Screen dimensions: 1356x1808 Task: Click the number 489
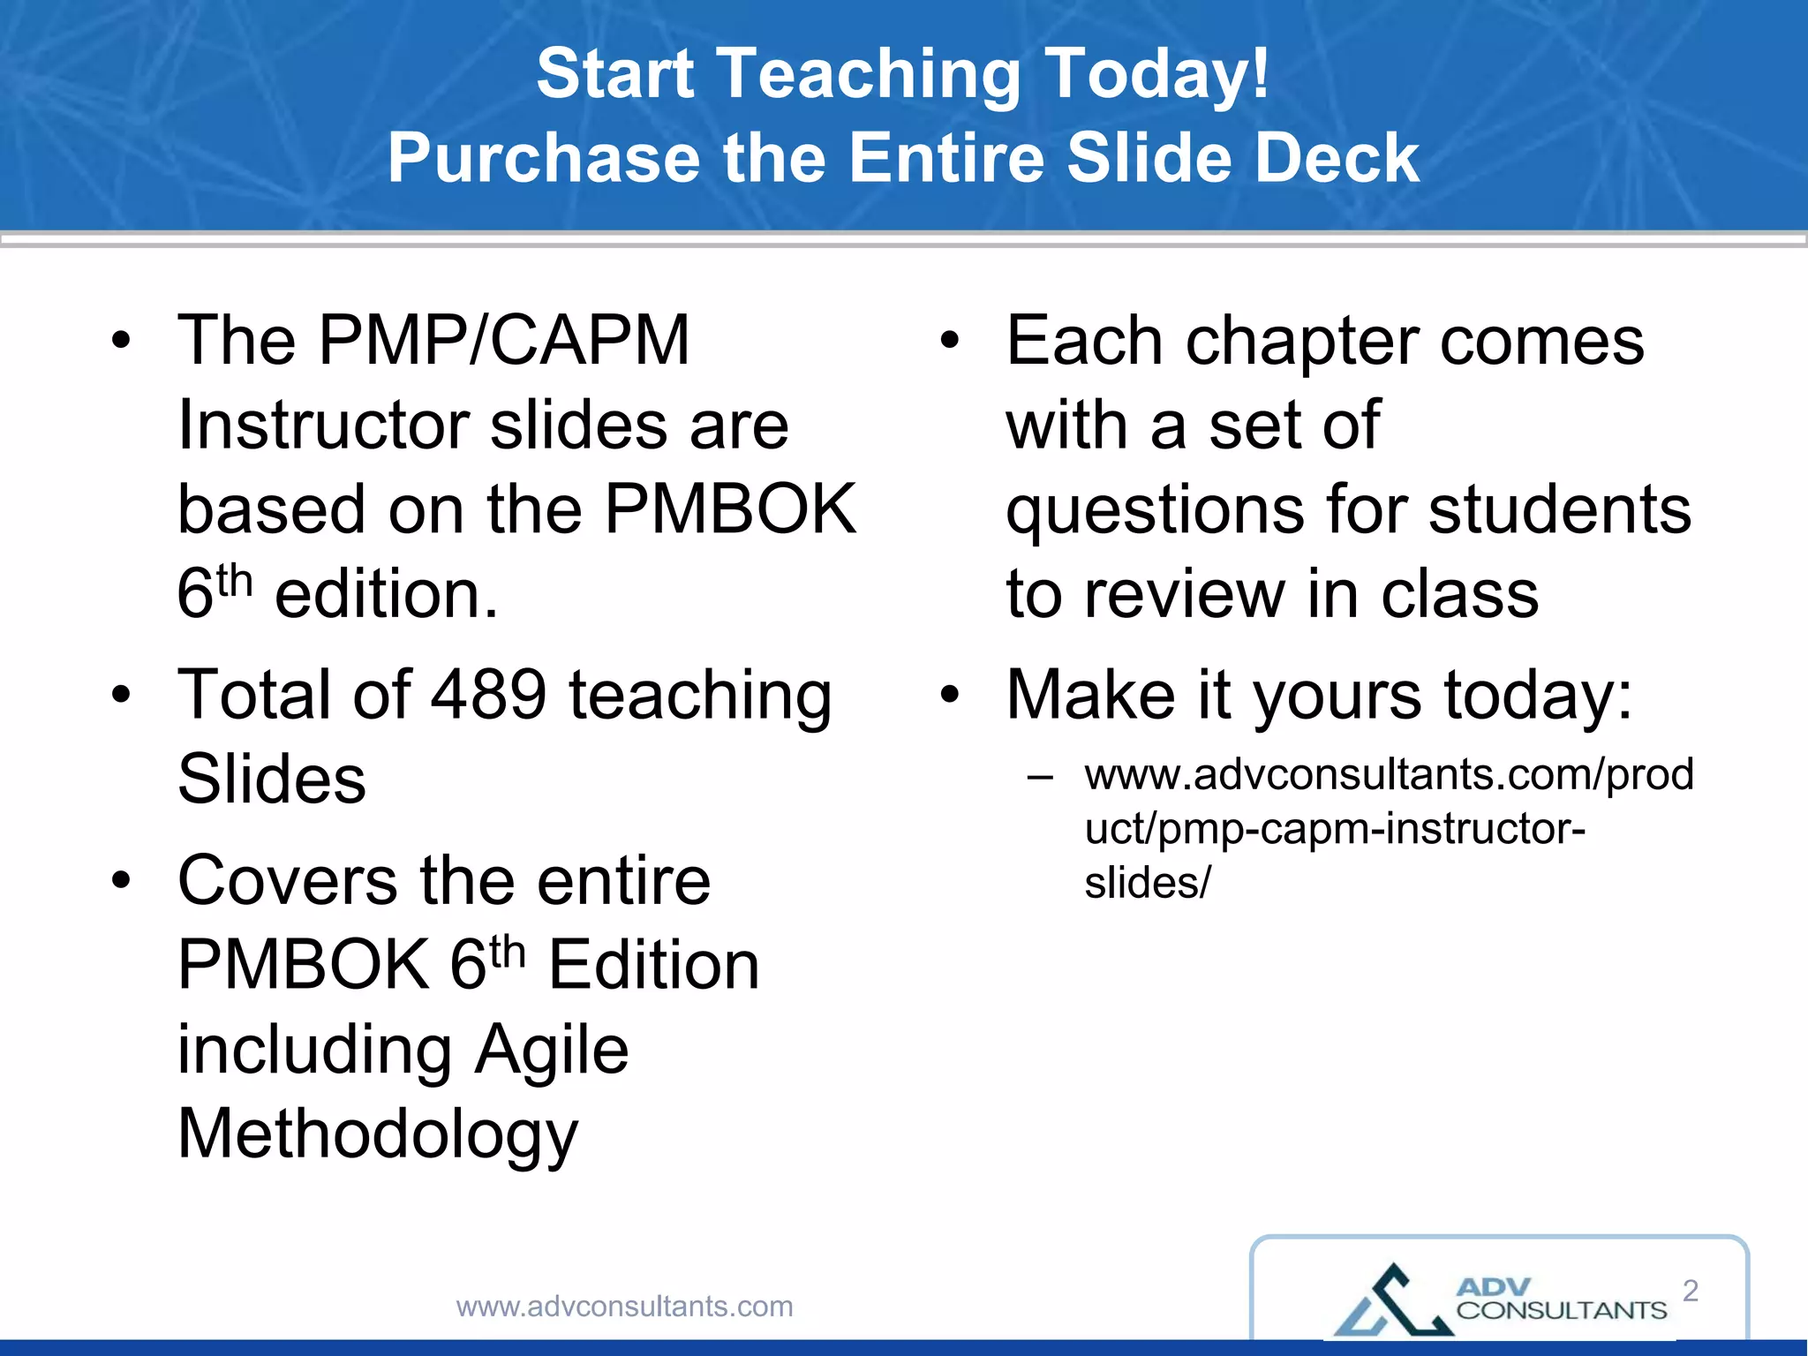pos(488,695)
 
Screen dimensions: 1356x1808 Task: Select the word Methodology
pos(378,1134)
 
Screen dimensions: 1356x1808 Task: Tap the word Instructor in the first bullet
pos(322,426)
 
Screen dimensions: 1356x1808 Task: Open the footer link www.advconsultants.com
pos(624,1307)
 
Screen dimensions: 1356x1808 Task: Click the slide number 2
pos(1690,1291)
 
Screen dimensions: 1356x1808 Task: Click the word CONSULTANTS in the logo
pos(1561,1310)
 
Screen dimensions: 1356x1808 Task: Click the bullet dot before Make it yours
pos(949,695)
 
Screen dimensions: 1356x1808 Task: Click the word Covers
pos(288,881)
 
